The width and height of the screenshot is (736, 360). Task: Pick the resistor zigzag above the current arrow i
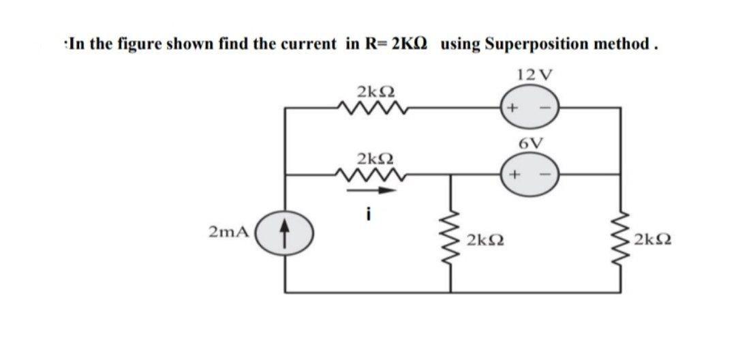(x=373, y=175)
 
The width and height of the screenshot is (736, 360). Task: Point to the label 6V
(x=530, y=143)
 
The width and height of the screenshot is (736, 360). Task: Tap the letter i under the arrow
(x=368, y=214)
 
